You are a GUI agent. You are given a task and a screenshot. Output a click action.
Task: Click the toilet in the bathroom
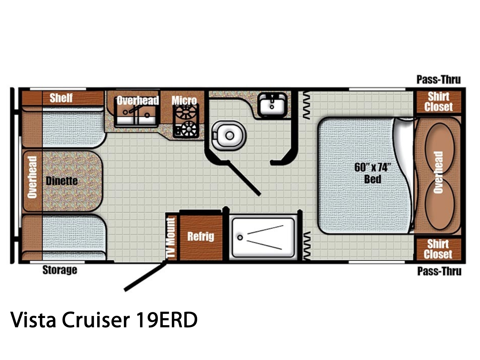coord(229,136)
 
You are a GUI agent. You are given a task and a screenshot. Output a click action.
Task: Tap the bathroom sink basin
coord(272,105)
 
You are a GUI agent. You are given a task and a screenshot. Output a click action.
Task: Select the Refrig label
coord(200,237)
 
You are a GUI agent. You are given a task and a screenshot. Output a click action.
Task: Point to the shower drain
coord(240,238)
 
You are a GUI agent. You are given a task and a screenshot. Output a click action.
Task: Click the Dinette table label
coord(62,181)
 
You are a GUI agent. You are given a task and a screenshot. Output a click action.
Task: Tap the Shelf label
coord(61,98)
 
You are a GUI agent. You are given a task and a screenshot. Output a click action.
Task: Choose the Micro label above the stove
coord(184,100)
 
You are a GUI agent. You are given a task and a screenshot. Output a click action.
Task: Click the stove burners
coord(186,121)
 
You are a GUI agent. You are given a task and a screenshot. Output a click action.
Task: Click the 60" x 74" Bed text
coord(373,173)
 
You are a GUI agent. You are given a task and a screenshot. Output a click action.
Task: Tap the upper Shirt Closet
coord(439,102)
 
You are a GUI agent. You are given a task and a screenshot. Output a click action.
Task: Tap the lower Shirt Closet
coord(438,249)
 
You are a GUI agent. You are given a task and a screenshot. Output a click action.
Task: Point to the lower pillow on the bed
coord(439,204)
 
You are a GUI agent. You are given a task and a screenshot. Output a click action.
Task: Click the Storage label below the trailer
coord(60,270)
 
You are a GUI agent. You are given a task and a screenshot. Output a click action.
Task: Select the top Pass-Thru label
coord(439,79)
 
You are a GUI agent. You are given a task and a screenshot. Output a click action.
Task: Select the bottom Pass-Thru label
coord(439,271)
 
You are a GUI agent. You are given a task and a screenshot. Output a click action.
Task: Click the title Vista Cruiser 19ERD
coord(104,320)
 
